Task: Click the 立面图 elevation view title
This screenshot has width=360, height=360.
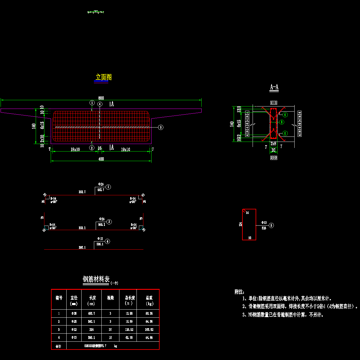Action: coord(103,77)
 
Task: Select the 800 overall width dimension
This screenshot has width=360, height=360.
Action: coord(101,98)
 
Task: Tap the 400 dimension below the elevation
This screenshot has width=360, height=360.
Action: coord(101,159)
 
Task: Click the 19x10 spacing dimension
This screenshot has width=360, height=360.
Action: coord(125,149)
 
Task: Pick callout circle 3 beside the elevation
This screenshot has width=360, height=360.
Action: coord(161,127)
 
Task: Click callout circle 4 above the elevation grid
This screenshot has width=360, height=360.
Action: coord(100,104)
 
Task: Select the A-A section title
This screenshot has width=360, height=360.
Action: coord(274,87)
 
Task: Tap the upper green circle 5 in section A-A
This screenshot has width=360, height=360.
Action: coord(285,114)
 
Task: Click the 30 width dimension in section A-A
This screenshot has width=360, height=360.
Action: coord(273,150)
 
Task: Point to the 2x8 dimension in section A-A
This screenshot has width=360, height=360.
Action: coord(273,144)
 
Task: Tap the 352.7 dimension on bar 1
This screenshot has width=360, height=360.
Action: coord(82,192)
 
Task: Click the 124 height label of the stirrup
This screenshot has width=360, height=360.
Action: coord(240,224)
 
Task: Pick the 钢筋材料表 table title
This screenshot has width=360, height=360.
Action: coord(96,280)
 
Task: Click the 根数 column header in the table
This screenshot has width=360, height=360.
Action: coord(110,298)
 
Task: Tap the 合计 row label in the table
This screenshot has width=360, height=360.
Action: coord(58,346)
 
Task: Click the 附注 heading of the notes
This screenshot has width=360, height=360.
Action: coord(239,292)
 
